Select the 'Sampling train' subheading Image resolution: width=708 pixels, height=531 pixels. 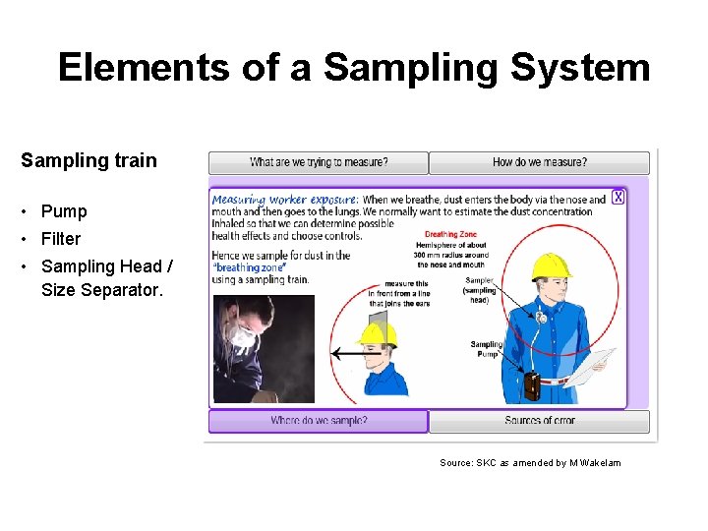(88, 160)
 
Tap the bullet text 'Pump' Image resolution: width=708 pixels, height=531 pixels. (64, 211)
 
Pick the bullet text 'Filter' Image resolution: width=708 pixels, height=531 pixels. (61, 238)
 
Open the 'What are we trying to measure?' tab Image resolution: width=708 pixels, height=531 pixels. (319, 162)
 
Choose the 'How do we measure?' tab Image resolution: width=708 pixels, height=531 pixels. (539, 162)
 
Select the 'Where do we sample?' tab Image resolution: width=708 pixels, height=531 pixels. (319, 421)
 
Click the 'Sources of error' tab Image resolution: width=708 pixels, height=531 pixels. (539, 421)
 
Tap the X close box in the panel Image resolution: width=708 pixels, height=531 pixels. (618, 197)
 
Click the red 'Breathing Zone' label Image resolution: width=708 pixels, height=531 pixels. (450, 235)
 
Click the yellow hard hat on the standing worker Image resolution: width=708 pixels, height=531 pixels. (551, 266)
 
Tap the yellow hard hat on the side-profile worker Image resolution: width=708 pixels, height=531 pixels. (378, 333)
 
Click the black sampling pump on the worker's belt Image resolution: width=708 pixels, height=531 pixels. (532, 385)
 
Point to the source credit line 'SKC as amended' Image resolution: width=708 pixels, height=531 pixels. (530, 462)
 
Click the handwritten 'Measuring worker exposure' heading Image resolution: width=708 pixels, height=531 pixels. (285, 200)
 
